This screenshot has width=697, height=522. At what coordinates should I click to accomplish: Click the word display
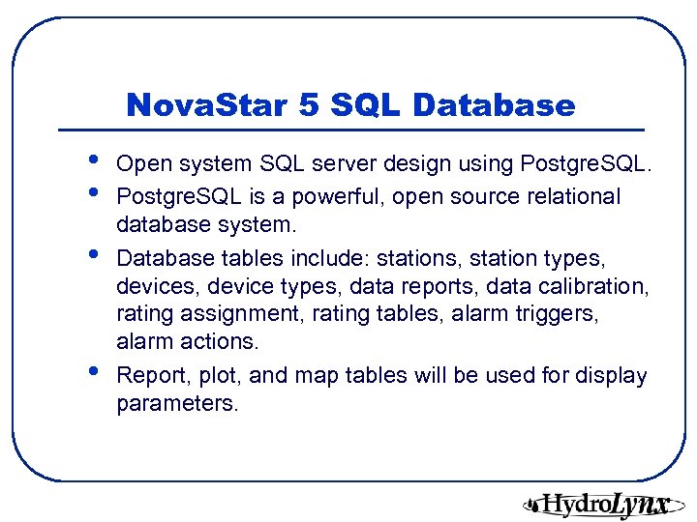point(613,376)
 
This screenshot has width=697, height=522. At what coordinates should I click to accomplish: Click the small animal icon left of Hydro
point(531,503)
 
